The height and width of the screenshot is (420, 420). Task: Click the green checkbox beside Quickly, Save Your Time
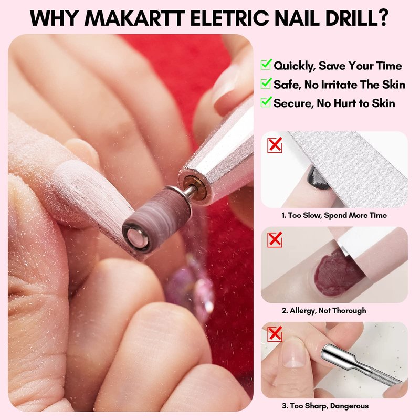click(266, 64)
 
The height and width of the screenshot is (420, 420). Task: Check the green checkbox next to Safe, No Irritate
click(266, 83)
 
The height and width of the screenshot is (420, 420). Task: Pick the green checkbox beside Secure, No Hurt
click(266, 102)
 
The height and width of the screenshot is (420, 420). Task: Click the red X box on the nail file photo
click(275, 145)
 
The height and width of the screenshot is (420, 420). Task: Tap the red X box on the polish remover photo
click(275, 239)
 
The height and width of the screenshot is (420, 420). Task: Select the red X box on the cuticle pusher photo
click(275, 334)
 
